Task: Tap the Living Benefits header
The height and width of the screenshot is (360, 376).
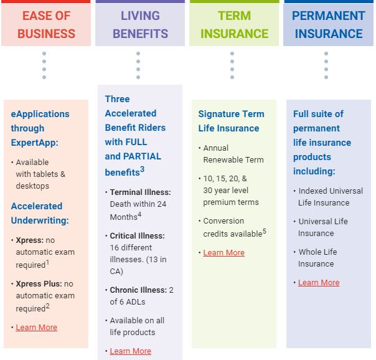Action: click(x=139, y=24)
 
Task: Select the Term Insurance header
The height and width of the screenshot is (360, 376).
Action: click(x=234, y=24)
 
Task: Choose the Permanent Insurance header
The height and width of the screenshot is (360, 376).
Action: click(x=328, y=24)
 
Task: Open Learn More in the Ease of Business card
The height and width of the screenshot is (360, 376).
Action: click(x=36, y=328)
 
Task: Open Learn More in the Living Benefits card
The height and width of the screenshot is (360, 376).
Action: click(x=130, y=351)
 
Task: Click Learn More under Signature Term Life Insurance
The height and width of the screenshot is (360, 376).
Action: click(x=223, y=253)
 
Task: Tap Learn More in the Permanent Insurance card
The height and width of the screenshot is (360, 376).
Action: click(x=319, y=283)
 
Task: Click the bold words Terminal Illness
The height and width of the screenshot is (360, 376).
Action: click(x=140, y=192)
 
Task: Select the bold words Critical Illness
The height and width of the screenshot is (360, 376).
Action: click(x=137, y=236)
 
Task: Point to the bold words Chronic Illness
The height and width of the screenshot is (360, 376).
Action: click(x=138, y=290)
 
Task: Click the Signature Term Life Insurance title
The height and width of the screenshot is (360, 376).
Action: click(x=231, y=121)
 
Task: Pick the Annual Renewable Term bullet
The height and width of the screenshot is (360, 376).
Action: click(x=233, y=154)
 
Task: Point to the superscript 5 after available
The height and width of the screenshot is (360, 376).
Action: click(x=264, y=231)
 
